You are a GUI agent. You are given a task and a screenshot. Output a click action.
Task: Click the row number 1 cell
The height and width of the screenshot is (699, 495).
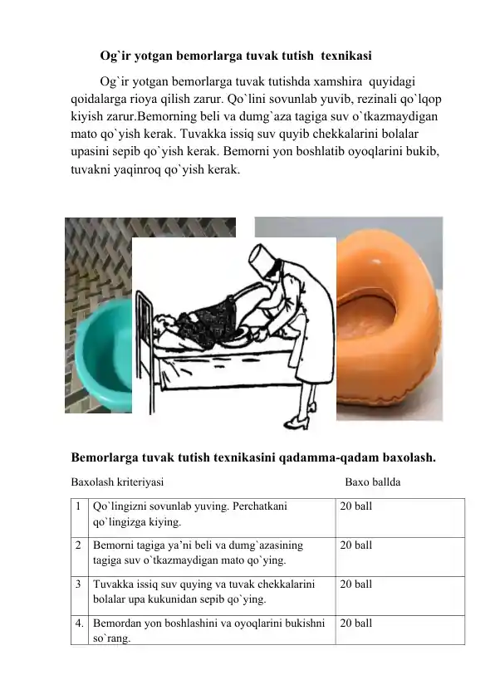pyautogui.click(x=76, y=505)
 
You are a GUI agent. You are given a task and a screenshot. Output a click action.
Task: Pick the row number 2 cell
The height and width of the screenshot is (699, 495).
pyautogui.click(x=76, y=545)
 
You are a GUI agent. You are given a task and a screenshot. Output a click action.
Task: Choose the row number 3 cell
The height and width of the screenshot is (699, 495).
pyautogui.click(x=76, y=584)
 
